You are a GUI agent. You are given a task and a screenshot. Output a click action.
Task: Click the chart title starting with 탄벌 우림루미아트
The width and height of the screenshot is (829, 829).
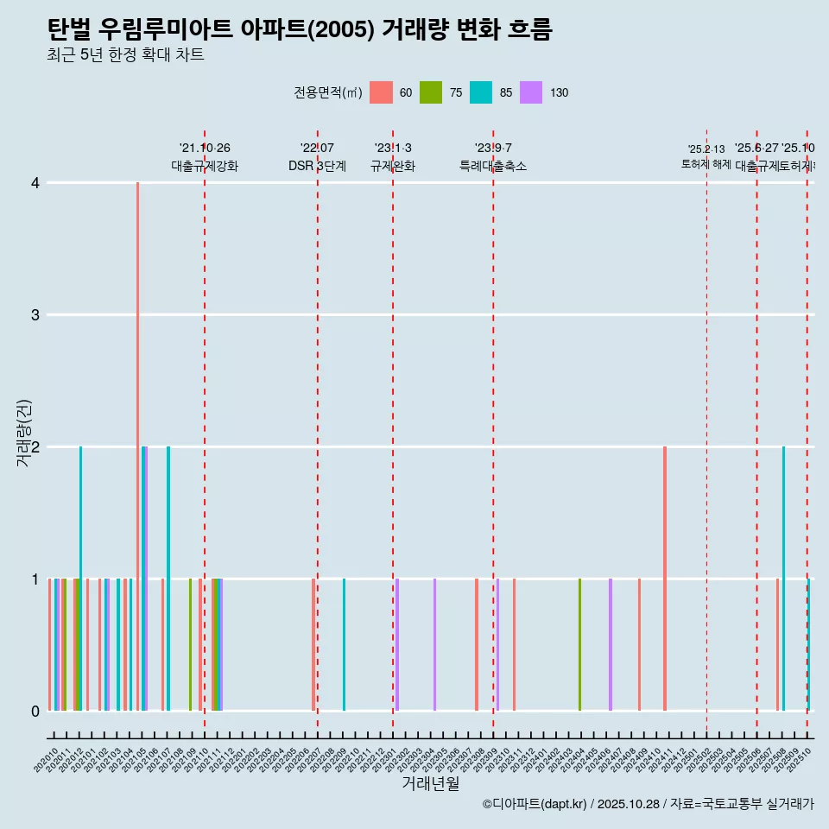pyautogui.click(x=300, y=30)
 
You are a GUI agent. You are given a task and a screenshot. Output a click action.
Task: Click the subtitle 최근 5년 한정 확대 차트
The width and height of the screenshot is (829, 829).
pyautogui.click(x=125, y=56)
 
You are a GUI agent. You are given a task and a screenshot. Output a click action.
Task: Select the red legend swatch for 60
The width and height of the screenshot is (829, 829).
pyautogui.click(x=381, y=92)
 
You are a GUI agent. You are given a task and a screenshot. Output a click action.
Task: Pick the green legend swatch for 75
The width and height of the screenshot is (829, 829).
pyautogui.click(x=431, y=92)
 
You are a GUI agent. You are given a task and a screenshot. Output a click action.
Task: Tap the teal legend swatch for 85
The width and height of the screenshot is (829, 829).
pyautogui.click(x=481, y=92)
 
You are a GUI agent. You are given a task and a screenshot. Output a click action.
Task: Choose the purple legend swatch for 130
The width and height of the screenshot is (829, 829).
pyautogui.click(x=531, y=92)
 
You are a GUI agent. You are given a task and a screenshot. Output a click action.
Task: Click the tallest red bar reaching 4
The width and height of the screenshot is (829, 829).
pyautogui.click(x=137, y=432)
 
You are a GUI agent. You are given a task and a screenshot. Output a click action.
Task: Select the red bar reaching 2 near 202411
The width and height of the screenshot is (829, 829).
pyautogui.click(x=665, y=579)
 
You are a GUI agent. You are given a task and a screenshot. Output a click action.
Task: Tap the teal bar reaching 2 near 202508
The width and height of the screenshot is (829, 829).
pyautogui.click(x=783, y=579)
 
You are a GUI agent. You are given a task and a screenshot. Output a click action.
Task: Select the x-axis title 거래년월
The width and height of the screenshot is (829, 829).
pyautogui.click(x=430, y=783)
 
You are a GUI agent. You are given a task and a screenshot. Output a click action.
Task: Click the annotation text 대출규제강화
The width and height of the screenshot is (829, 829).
pyautogui.click(x=205, y=166)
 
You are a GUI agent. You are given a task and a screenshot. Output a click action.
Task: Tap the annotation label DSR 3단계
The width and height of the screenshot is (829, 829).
pyautogui.click(x=317, y=166)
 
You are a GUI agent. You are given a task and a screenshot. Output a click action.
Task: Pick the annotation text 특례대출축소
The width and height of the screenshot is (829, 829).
pyautogui.click(x=492, y=166)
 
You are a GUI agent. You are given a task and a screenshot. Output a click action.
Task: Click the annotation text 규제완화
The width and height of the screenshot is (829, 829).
pyautogui.click(x=393, y=166)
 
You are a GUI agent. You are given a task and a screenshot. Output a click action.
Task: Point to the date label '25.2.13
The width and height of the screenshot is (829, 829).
pyautogui.click(x=706, y=149)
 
